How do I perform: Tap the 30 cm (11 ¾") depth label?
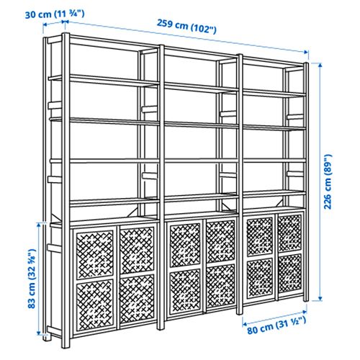43,12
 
